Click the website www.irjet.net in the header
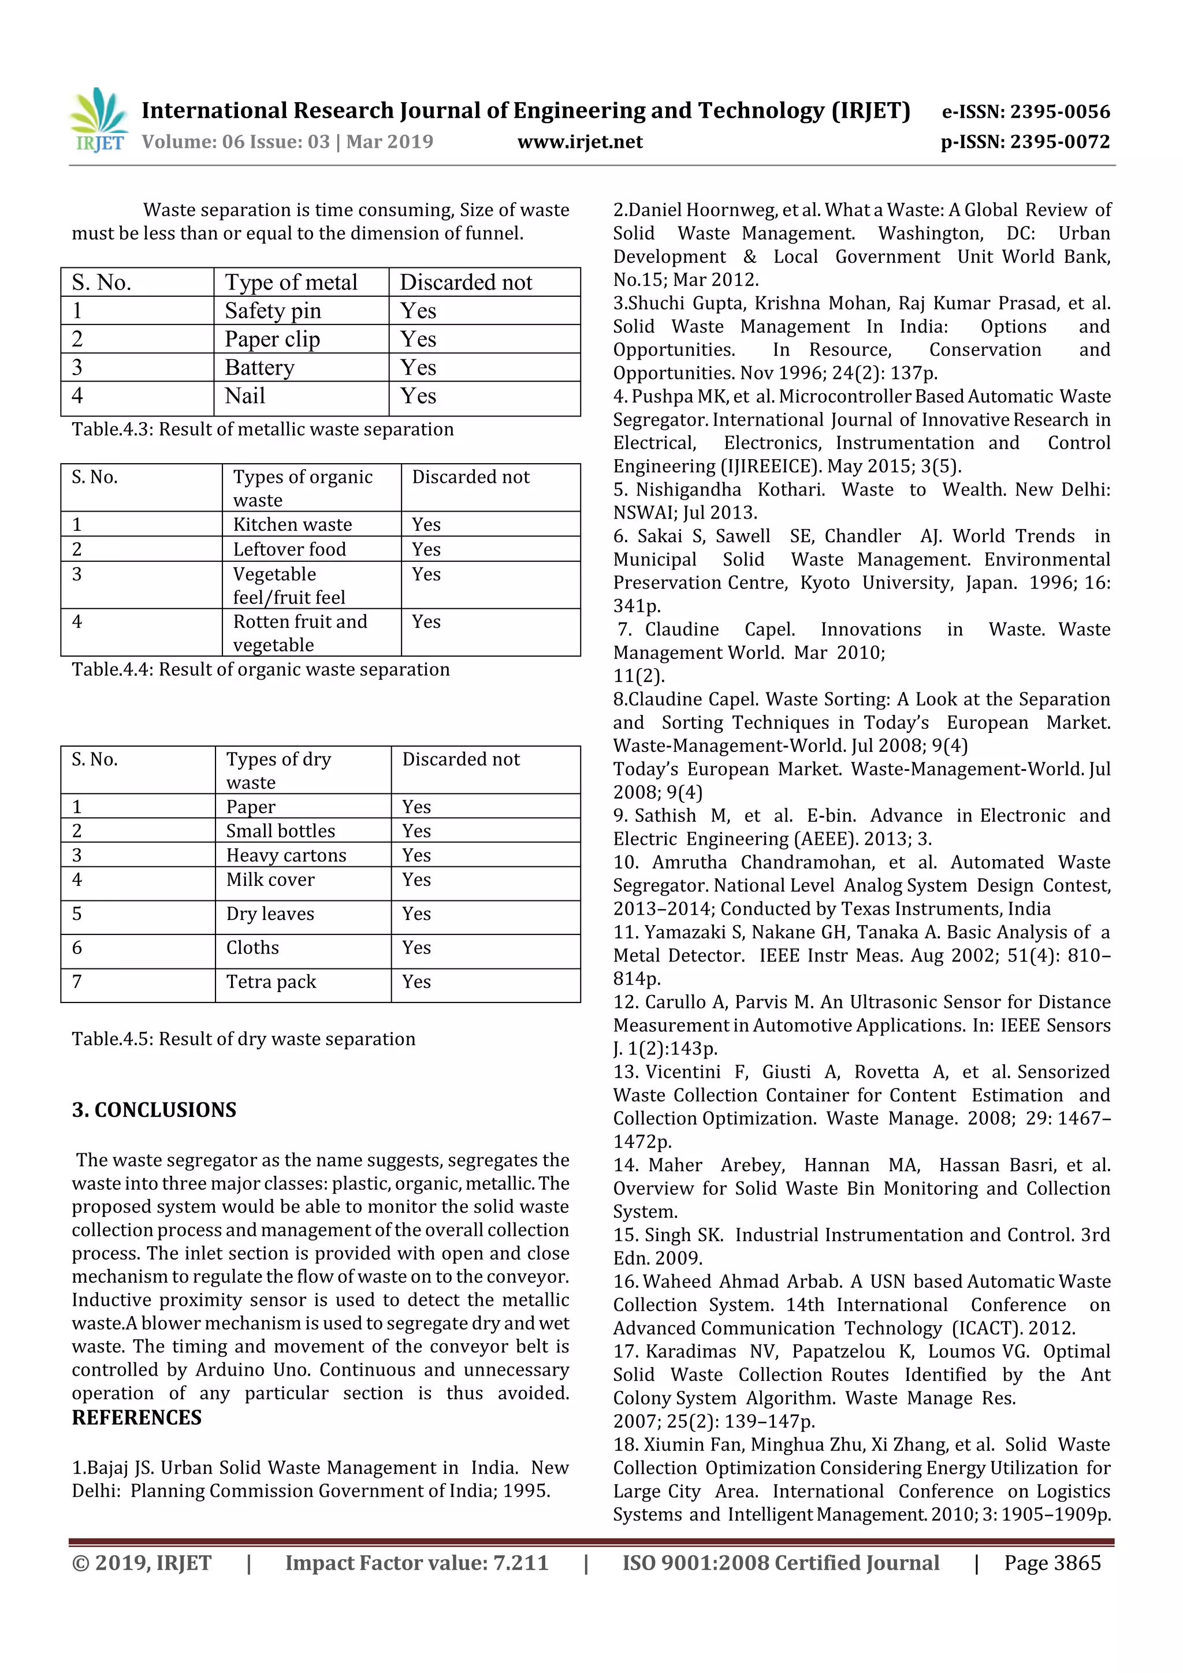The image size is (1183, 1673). click(579, 142)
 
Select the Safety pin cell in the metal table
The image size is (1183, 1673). click(273, 311)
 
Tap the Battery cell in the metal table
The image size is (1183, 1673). click(259, 367)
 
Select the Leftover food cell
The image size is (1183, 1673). click(289, 549)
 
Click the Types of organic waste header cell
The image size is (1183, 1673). click(303, 487)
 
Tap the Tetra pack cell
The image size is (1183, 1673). click(271, 982)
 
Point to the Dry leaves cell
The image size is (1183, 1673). click(270, 914)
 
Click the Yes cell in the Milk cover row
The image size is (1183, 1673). click(416, 880)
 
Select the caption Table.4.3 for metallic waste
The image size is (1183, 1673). click(262, 429)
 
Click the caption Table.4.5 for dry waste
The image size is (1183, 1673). click(243, 1038)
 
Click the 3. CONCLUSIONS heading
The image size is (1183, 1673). click(154, 1110)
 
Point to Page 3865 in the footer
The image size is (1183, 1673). click(1052, 1562)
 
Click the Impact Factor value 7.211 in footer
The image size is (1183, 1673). click(417, 1562)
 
